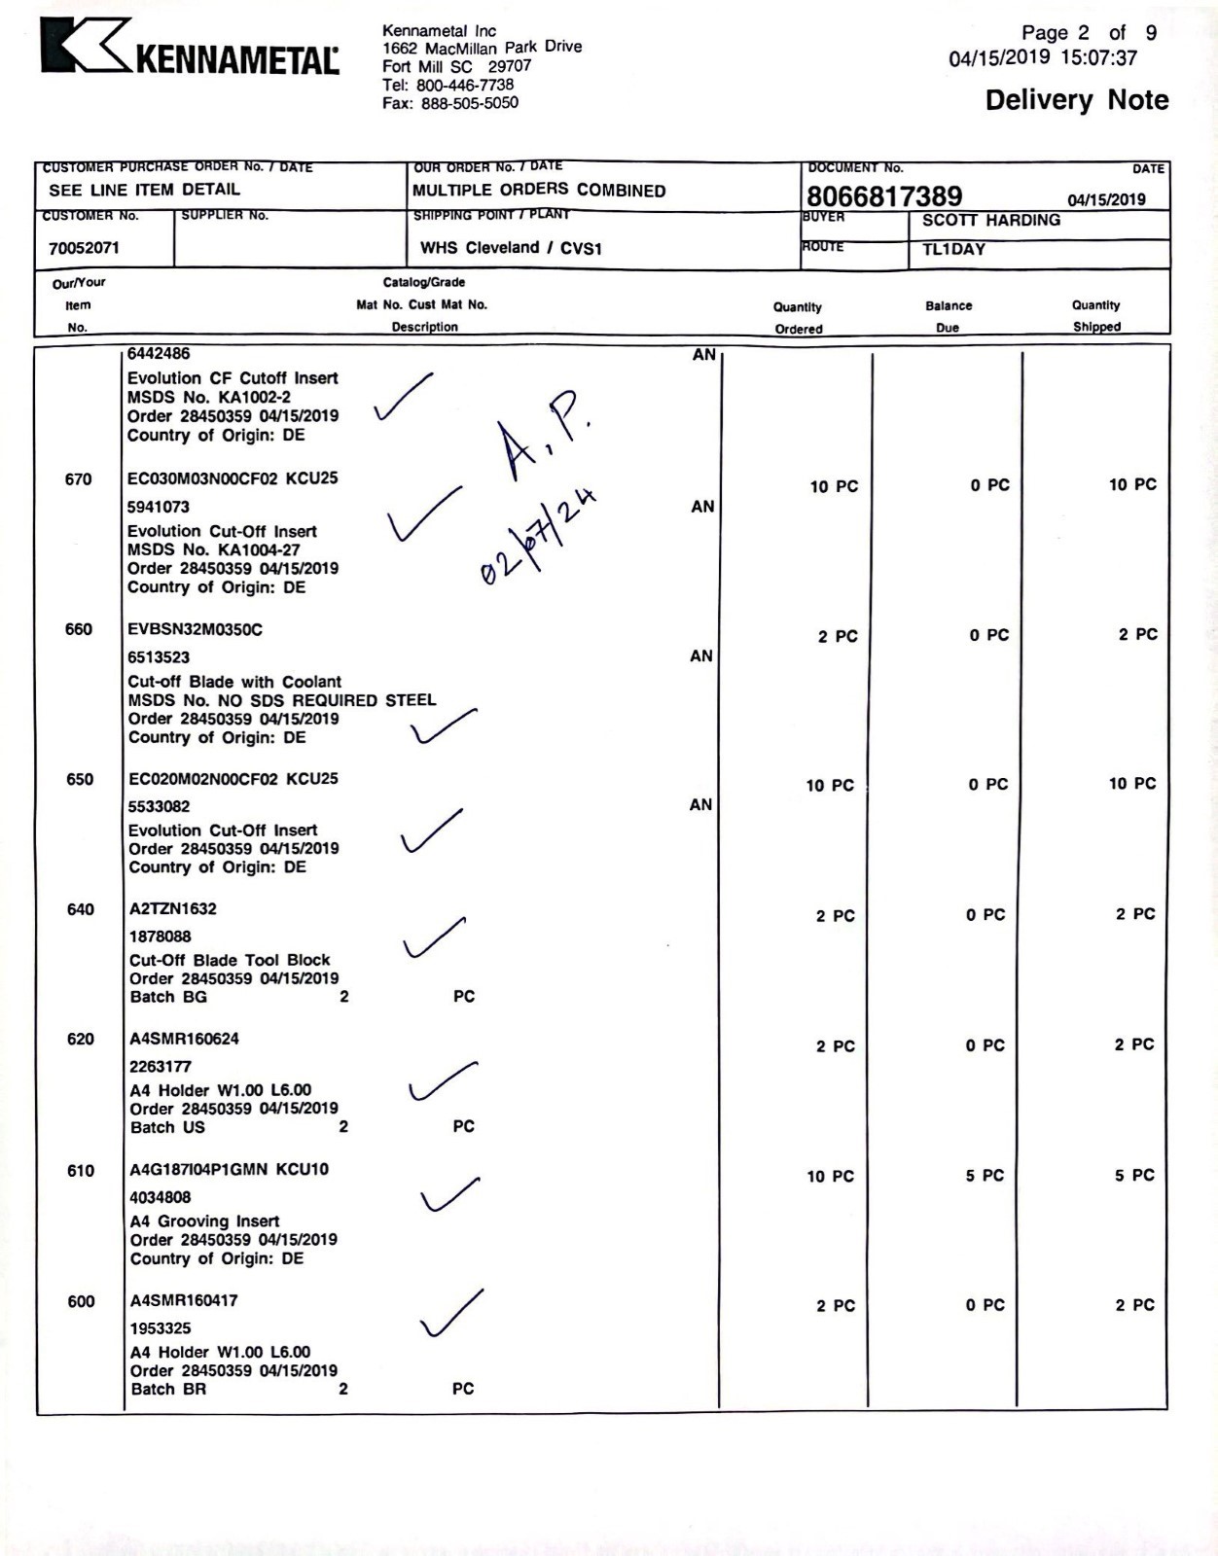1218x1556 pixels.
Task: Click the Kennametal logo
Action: [x=190, y=50]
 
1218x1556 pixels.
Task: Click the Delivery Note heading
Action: [x=1076, y=100]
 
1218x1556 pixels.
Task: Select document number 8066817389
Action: [x=883, y=196]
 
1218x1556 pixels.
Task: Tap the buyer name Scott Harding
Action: [x=990, y=220]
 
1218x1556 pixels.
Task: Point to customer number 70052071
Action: [x=85, y=248]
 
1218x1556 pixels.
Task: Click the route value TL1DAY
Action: [x=953, y=249]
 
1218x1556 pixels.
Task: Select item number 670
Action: [x=79, y=478]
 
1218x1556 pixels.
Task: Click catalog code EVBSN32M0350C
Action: [x=195, y=629]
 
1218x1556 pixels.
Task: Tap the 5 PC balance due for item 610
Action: [x=985, y=1176]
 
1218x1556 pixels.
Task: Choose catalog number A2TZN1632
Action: [x=173, y=908]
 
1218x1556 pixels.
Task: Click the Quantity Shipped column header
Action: [x=1096, y=316]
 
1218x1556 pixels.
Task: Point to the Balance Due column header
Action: [x=948, y=316]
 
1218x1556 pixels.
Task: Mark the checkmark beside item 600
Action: [x=450, y=1315]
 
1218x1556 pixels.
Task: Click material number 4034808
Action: [x=161, y=1197]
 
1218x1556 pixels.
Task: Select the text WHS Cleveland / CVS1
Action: [x=511, y=248]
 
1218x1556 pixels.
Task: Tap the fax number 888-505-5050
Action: [x=469, y=103]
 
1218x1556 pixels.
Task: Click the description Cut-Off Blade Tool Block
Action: [x=230, y=960]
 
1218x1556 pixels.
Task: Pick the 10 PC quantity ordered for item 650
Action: [x=829, y=785]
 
